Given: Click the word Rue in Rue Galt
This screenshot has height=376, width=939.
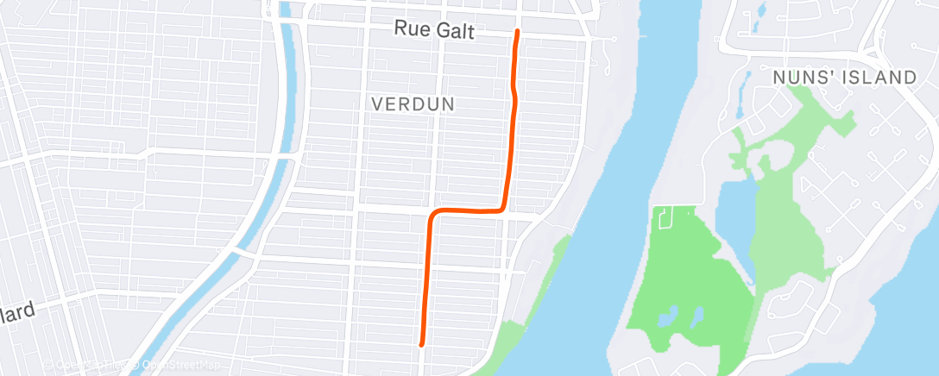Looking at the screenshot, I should point(411,28).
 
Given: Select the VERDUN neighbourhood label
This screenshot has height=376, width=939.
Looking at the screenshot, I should point(413,103).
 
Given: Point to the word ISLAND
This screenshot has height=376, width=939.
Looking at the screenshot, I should point(880,78).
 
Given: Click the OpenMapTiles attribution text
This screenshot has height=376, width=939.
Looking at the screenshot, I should point(86,365).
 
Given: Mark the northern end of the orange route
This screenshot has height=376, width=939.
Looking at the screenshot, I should point(517,32).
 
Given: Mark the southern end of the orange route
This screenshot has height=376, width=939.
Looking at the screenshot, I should point(421,344).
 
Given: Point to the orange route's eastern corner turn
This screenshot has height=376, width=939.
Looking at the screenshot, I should point(503,208).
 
